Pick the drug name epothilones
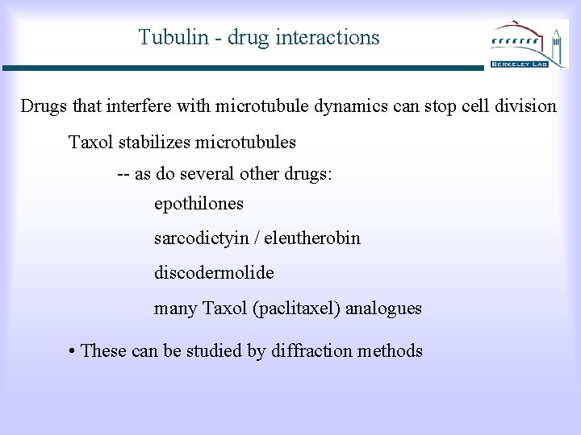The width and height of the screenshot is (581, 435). pyautogui.click(x=199, y=204)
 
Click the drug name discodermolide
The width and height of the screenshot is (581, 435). pyautogui.click(x=214, y=273)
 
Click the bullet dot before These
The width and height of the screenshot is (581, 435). pyautogui.click(x=73, y=351)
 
